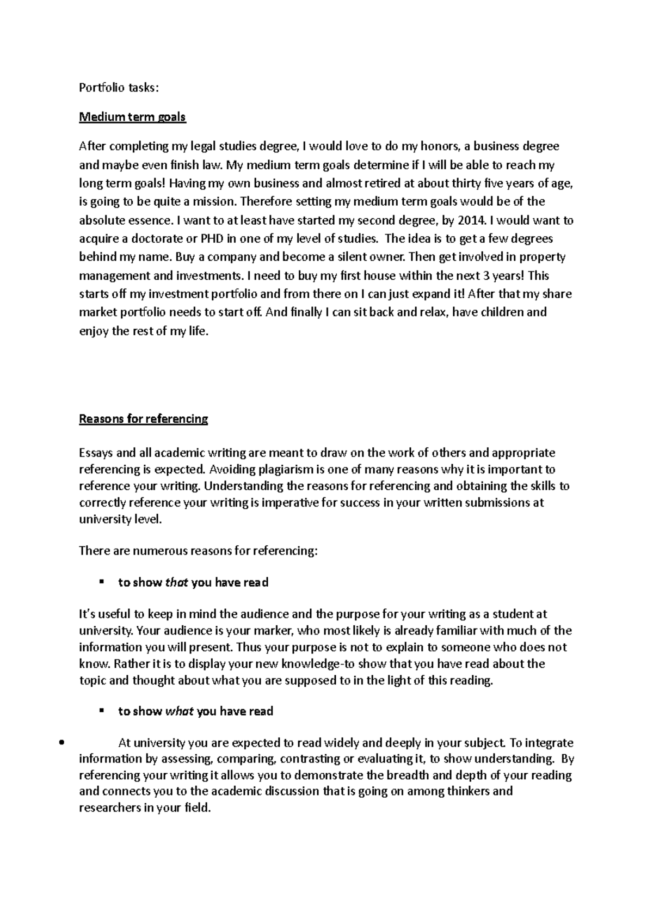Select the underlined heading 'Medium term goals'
(132, 117)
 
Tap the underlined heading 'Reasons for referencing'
(144, 419)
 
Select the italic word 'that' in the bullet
(176, 583)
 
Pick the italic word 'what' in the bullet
(179, 711)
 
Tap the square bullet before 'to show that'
(101, 582)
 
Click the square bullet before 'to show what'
(101, 711)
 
